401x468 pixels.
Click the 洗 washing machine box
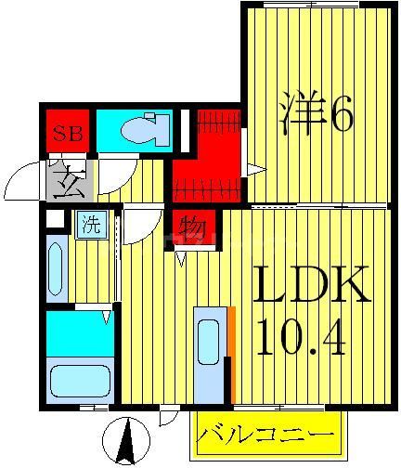90,224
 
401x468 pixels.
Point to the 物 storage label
193,227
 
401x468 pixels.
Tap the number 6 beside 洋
340,116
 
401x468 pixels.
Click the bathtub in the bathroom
78,381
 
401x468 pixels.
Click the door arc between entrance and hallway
115,172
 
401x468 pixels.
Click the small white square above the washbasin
54,221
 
